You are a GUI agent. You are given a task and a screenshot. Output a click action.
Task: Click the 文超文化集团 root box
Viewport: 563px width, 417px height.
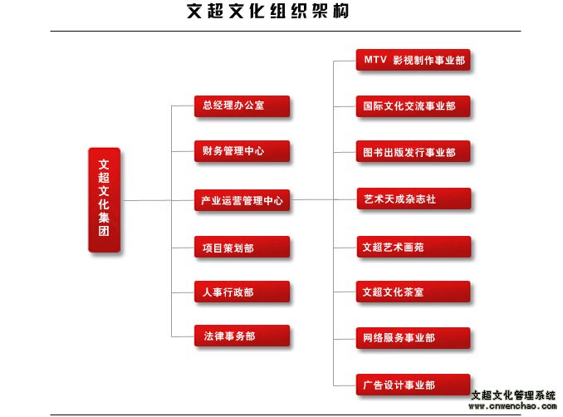click(104, 199)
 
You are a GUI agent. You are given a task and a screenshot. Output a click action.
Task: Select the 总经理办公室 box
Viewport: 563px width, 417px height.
click(242, 106)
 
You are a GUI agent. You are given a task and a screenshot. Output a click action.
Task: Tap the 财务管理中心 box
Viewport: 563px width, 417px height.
click(242, 151)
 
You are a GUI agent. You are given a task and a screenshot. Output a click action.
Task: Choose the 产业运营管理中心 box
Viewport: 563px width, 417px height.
click(242, 200)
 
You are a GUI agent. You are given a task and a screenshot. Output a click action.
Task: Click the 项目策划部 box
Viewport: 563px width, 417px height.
click(242, 247)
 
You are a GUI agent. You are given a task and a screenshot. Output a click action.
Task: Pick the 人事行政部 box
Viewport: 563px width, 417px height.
click(242, 292)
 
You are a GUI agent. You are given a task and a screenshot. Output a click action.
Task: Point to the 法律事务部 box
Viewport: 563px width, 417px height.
click(242, 336)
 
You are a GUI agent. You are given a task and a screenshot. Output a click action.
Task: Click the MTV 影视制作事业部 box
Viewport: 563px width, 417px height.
click(413, 60)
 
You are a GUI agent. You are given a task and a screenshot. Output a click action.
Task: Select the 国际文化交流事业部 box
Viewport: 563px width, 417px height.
click(413, 106)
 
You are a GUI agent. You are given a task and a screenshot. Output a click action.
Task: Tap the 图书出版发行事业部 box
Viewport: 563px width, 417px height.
click(413, 151)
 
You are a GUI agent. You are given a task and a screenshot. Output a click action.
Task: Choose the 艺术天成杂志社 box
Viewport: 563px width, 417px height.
click(414, 199)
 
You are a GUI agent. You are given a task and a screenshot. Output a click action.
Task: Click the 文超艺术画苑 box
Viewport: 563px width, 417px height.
click(414, 247)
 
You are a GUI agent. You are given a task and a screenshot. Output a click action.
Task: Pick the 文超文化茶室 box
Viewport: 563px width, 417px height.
click(413, 292)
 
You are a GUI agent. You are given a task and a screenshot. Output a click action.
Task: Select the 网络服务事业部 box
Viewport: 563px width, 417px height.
click(413, 338)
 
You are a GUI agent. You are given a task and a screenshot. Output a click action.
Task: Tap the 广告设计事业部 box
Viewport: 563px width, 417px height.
click(413, 385)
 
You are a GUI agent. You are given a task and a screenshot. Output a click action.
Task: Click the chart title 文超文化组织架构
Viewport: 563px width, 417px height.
click(268, 11)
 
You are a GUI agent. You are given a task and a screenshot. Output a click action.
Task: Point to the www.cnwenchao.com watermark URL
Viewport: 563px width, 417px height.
click(512, 406)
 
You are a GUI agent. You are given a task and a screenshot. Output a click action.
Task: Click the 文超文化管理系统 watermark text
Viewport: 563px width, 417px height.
click(513, 395)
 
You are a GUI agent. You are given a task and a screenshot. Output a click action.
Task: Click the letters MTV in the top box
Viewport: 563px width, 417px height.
click(375, 59)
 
